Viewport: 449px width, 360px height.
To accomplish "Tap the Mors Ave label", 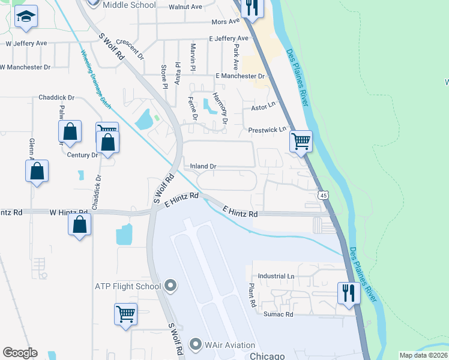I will (x=225, y=22).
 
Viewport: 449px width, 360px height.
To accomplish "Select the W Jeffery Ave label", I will (x=26, y=43).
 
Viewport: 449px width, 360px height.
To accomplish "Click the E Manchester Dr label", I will (x=240, y=76).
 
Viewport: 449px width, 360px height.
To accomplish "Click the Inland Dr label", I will (x=203, y=166).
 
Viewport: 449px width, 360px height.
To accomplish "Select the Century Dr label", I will (x=82, y=155).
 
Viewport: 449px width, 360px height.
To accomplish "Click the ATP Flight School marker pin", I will (x=170, y=286).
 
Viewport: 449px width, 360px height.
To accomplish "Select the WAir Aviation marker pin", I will (x=195, y=344).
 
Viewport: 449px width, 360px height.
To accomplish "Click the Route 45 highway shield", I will (x=324, y=196).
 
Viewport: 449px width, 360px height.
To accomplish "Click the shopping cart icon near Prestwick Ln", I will (x=300, y=142).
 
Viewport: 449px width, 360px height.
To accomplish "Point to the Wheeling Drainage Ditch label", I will (x=96, y=78).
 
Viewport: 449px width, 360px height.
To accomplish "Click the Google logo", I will (x=20, y=353).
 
